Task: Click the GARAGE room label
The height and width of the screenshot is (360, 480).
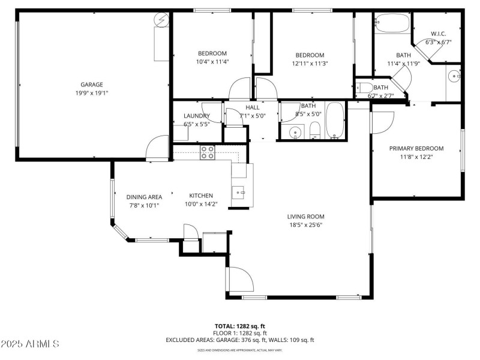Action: coord(92,85)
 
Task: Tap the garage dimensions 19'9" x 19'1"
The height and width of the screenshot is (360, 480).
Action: coord(92,92)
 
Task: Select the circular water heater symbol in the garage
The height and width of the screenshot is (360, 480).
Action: coord(160,20)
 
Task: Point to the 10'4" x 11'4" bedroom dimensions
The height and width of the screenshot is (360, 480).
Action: coord(212,61)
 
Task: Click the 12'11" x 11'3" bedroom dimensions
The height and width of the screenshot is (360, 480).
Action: coord(310,63)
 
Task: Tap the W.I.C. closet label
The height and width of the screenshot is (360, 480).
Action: coord(438,34)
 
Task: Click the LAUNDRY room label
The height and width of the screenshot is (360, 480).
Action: coord(197,116)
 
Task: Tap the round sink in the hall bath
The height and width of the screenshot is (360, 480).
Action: coord(295,131)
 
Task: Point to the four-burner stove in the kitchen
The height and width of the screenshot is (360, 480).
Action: coord(208,152)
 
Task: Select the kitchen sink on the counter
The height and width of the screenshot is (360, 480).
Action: coord(239,192)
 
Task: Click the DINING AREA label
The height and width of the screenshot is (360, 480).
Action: coord(144,197)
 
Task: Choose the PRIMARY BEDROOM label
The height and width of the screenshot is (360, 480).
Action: coord(416,148)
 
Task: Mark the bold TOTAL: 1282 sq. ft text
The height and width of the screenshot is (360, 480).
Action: coord(239,326)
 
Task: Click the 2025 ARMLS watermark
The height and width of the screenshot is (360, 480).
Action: coord(30,344)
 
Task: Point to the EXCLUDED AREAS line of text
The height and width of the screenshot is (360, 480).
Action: coord(239,340)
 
